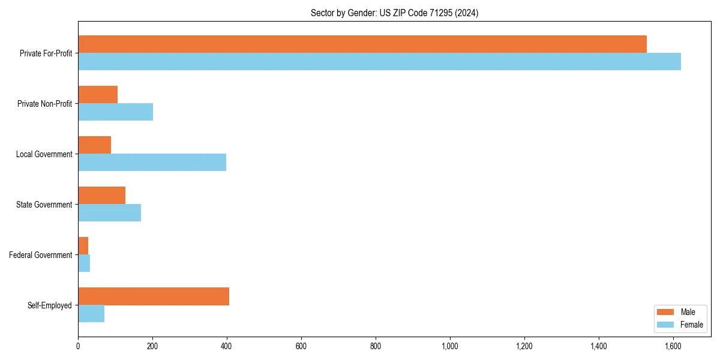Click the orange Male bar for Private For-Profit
[362, 44]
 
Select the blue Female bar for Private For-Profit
[379, 62]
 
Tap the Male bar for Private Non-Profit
[98, 95]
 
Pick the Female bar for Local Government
[152, 163]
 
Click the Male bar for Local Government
[94, 145]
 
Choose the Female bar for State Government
[109, 213]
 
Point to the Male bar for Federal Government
[83, 246]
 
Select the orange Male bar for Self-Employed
[154, 296]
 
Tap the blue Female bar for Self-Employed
[91, 314]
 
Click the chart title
[394, 13]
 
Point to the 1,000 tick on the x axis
[450, 346]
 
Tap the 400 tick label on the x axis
[227, 346]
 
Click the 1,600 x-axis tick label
[673, 346]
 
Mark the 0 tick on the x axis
[78, 346]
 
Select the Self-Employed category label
[49, 305]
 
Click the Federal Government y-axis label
[41, 255]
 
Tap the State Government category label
[44, 205]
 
